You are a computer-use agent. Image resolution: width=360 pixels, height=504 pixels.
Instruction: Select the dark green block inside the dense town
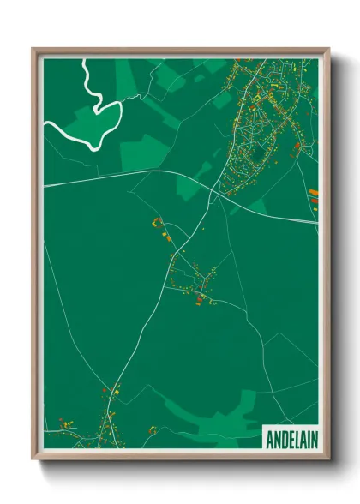click(255, 155)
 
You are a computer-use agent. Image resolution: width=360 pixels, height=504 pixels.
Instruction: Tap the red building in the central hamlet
click(201, 299)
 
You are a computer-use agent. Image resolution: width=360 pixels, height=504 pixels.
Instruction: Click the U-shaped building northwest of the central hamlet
click(158, 223)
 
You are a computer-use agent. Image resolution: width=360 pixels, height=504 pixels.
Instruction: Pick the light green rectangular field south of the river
click(142, 154)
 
